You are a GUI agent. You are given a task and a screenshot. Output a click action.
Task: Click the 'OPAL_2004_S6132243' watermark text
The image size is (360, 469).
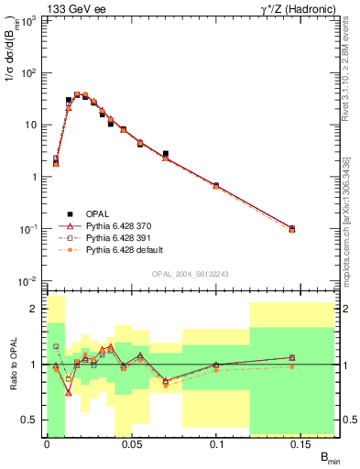(x=190, y=274)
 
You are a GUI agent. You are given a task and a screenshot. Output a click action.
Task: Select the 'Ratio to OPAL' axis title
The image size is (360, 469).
(x=10, y=365)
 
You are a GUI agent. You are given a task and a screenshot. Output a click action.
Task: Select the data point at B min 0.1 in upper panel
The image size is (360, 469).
(x=216, y=185)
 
